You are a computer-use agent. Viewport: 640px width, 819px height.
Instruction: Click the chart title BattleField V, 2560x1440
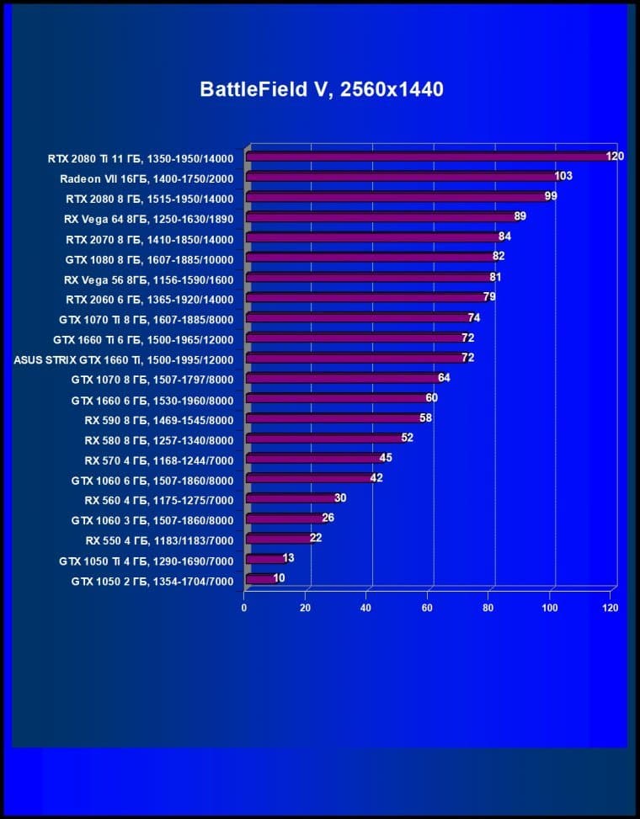click(321, 89)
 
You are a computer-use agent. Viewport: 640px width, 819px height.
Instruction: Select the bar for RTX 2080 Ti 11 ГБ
click(429, 157)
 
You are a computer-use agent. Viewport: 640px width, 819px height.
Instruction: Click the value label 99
click(551, 196)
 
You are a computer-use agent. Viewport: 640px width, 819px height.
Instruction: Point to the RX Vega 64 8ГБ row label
click(148, 219)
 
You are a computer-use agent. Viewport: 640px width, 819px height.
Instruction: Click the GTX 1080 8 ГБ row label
click(149, 259)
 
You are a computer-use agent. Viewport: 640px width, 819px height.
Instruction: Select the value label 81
click(495, 277)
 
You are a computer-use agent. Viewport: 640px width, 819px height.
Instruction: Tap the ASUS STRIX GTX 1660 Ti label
click(124, 359)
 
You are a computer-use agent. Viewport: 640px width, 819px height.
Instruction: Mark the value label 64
click(444, 378)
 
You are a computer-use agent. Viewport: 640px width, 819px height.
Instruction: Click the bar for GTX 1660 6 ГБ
click(336, 398)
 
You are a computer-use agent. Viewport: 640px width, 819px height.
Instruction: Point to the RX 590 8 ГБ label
click(159, 420)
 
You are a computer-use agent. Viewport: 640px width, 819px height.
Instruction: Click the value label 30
click(340, 498)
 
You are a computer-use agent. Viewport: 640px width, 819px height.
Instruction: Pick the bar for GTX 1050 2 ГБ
click(259, 579)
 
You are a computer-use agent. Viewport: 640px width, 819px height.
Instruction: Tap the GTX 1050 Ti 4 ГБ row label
click(146, 561)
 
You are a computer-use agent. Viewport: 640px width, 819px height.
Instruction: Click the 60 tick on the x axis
click(428, 608)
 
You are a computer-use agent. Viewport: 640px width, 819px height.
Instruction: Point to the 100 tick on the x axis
click(550, 608)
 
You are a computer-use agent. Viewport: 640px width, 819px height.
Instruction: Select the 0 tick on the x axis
click(244, 608)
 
